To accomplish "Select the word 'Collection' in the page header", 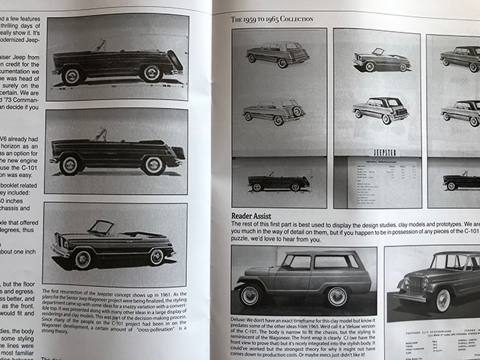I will tap(304, 18).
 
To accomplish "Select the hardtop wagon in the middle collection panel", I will tap(381, 109).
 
